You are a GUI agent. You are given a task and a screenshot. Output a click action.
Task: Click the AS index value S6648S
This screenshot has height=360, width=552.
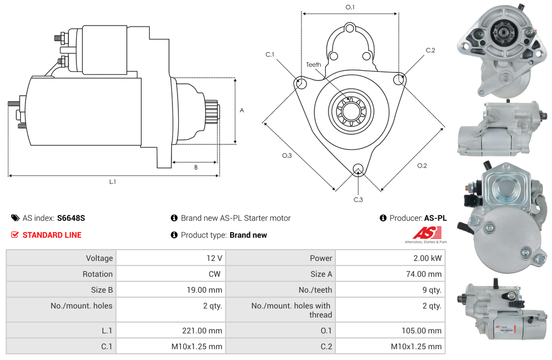pos(71,218)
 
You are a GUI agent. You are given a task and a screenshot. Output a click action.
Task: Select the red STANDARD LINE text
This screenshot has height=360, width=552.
pos(52,235)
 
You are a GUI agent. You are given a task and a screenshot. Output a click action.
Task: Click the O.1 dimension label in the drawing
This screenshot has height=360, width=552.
pos(350,7)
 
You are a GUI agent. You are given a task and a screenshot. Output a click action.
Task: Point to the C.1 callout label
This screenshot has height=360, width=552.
pos(270,55)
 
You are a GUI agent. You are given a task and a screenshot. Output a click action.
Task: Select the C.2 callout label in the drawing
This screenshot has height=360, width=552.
pos(430,50)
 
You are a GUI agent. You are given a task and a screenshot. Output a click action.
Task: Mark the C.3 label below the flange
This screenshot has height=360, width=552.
pos(358,199)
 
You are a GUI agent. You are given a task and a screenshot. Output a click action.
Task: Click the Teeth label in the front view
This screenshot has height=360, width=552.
pos(313,65)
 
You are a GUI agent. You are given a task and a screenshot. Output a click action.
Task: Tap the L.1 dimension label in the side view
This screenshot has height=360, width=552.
pos(113,182)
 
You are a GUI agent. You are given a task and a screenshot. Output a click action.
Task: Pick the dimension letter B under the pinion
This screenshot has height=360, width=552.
pos(196,167)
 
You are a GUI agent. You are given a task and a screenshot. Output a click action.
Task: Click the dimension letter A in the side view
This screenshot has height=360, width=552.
pos(241,110)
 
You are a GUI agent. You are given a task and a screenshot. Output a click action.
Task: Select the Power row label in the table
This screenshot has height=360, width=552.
pos(321,258)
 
